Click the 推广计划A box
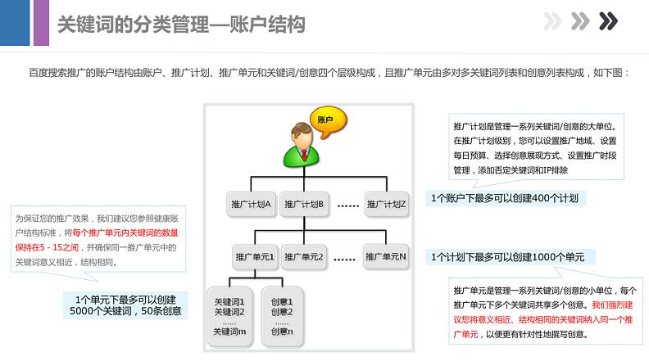[x=251, y=205]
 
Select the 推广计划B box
[x=304, y=205]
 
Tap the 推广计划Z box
[x=386, y=205]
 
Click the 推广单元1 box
[x=255, y=257]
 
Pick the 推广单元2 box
[x=304, y=257]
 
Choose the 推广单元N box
[x=386, y=257]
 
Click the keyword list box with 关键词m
[x=229, y=316]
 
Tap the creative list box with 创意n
[x=282, y=316]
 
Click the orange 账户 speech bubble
[x=329, y=122]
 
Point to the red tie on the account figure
[x=304, y=155]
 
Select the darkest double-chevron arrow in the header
[x=608, y=21]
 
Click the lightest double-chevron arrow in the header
[x=552, y=21]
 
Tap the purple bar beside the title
[x=41, y=23]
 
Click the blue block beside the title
[x=15, y=23]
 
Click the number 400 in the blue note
[x=538, y=198]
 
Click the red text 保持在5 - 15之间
[x=47, y=247]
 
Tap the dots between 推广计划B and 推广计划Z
[x=347, y=205]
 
